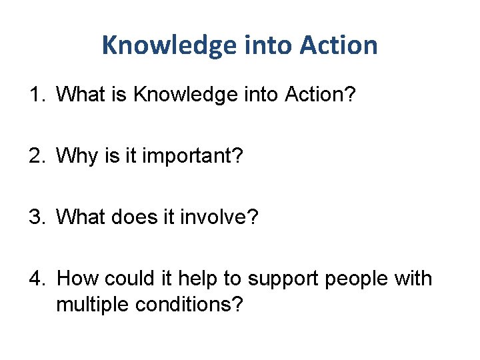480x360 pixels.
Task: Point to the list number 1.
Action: pos(35,95)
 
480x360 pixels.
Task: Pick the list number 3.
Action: pos(35,217)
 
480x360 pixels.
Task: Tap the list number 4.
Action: pos(35,278)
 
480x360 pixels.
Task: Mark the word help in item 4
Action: pos(207,279)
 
